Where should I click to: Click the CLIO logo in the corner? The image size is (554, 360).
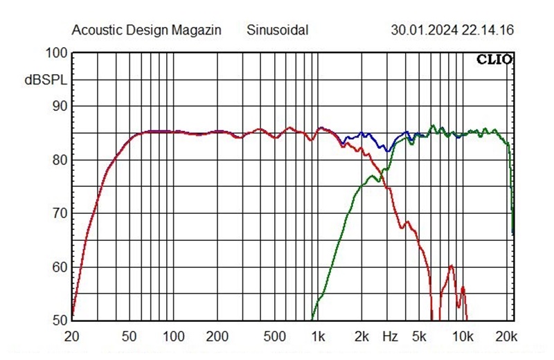[x=494, y=60]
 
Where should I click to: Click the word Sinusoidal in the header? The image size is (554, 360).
[x=277, y=30]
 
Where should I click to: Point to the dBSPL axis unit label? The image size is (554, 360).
[x=46, y=80]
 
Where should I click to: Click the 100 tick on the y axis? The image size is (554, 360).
[x=57, y=53]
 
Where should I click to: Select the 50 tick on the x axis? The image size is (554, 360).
[x=129, y=337]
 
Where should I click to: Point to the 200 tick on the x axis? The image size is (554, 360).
[x=217, y=337]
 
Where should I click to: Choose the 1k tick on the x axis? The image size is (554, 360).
[x=318, y=337]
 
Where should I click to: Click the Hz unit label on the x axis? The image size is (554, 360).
[x=390, y=337]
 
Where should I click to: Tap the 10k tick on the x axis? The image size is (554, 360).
[x=463, y=337]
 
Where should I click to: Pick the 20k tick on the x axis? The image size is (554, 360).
[x=507, y=337]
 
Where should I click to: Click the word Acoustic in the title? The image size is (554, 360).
[x=96, y=30]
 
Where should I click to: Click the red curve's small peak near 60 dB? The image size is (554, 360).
[x=451, y=266]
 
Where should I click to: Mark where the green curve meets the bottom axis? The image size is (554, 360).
[x=312, y=319]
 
